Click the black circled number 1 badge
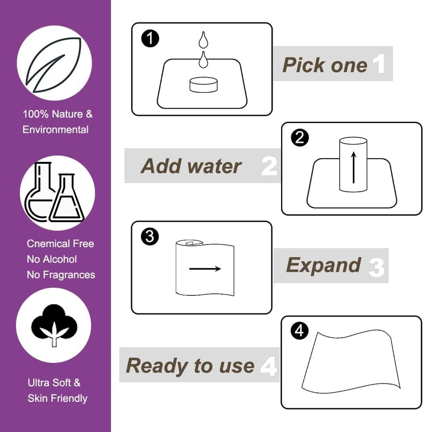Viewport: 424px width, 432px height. click(x=150, y=38)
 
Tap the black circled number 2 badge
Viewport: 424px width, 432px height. click(x=300, y=137)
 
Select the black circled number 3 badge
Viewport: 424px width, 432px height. click(x=150, y=236)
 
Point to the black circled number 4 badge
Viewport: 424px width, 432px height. click(x=300, y=330)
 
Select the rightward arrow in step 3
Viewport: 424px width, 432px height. click(x=205, y=269)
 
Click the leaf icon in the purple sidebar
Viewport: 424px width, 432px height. click(x=54, y=65)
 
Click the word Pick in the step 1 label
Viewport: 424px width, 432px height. click(x=304, y=65)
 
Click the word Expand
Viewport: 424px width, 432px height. click(x=323, y=265)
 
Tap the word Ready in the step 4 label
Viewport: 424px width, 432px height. click(x=157, y=366)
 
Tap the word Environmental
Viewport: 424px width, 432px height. click(x=55, y=130)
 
